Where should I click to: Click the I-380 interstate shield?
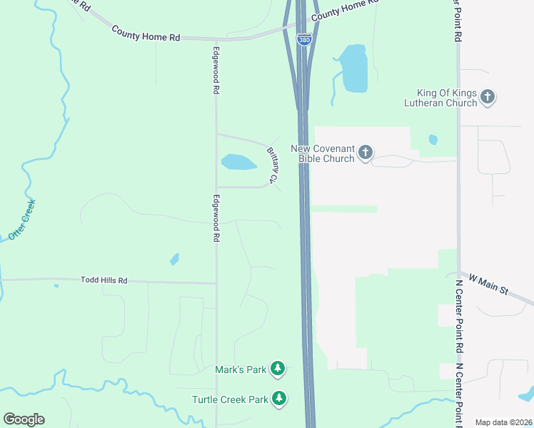click(x=304, y=41)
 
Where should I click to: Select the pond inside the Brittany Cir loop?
click(x=238, y=163)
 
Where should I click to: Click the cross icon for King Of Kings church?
click(x=488, y=96)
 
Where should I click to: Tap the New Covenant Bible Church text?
click(x=322, y=153)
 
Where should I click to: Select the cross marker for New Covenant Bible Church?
click(x=366, y=152)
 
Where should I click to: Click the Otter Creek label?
click(x=21, y=219)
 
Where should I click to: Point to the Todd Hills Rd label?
click(x=104, y=281)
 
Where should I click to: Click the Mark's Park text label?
click(x=240, y=370)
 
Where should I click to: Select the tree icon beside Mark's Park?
click(x=278, y=369)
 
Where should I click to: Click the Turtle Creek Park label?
click(x=230, y=399)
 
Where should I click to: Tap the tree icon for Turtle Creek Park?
click(x=281, y=399)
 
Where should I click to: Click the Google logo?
click(x=24, y=419)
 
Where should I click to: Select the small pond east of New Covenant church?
click(x=433, y=139)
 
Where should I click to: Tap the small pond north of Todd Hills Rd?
click(x=175, y=260)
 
